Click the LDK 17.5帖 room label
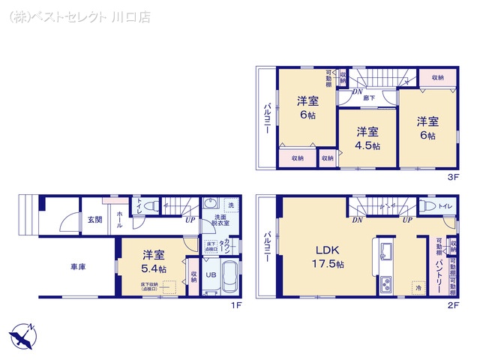pyautogui.click(x=329, y=257)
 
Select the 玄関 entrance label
pyautogui.click(x=94, y=219)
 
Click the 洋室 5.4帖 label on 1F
pyautogui.click(x=154, y=261)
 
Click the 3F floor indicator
pyautogui.click(x=452, y=178)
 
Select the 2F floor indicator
pyautogui.click(x=452, y=306)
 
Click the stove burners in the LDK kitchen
pyautogui.click(x=387, y=285)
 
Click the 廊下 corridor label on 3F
pyautogui.click(x=369, y=97)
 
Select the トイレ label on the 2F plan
pyautogui.click(x=445, y=205)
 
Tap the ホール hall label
pyautogui.click(x=120, y=219)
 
